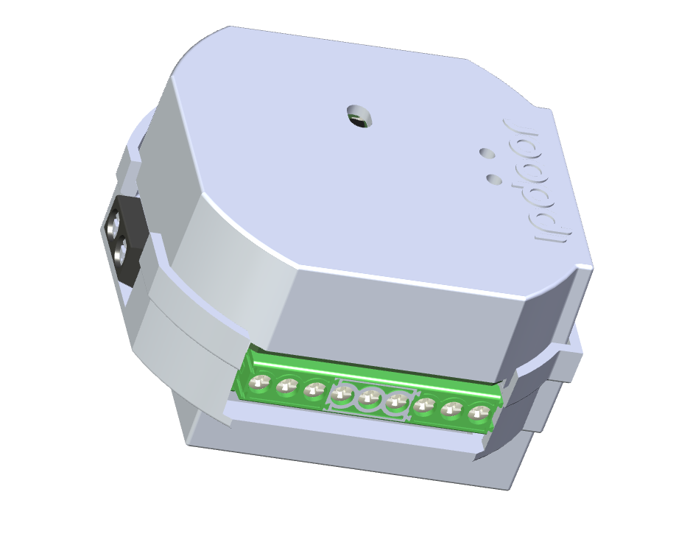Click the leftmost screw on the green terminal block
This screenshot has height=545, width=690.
tap(258, 382)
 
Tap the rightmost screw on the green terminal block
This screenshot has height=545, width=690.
tap(479, 413)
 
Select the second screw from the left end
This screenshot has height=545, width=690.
tap(286, 386)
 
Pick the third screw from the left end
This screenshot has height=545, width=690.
tap(314, 390)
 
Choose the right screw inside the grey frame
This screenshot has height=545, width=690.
tap(398, 401)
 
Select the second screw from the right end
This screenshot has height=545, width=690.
tap(451, 409)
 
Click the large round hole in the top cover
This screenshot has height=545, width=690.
tap(360, 116)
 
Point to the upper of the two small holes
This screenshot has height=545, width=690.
tap(486, 153)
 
